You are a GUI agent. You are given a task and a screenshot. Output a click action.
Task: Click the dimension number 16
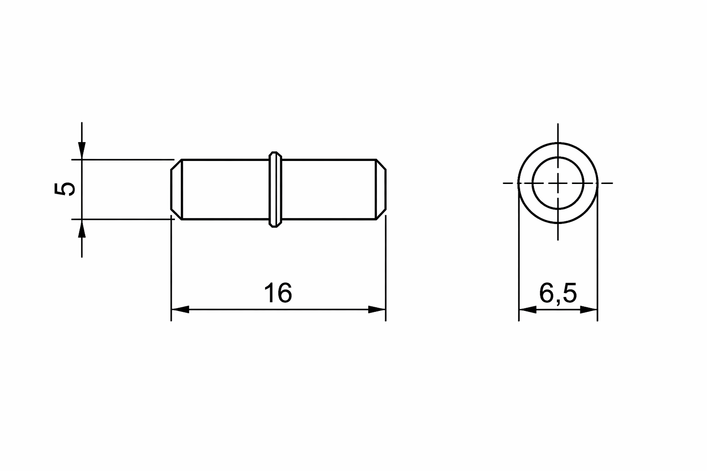pyautogui.click(x=278, y=293)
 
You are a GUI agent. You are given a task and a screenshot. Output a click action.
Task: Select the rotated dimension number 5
pyautogui.click(x=65, y=189)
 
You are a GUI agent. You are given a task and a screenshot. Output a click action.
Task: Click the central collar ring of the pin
pyautogui.click(x=275, y=190)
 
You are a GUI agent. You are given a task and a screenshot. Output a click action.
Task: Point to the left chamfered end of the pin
pyautogui.click(x=176, y=190)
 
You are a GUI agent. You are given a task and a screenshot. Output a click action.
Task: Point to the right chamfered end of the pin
pyautogui.click(x=381, y=190)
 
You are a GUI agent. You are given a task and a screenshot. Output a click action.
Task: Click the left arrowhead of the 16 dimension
pyautogui.click(x=180, y=310)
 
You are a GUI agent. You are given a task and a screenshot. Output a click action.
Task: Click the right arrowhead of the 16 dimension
pyautogui.click(x=377, y=310)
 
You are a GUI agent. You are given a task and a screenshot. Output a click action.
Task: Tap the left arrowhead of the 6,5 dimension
pyautogui.click(x=528, y=310)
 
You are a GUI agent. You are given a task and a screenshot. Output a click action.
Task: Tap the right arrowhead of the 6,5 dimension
pyautogui.click(x=589, y=310)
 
